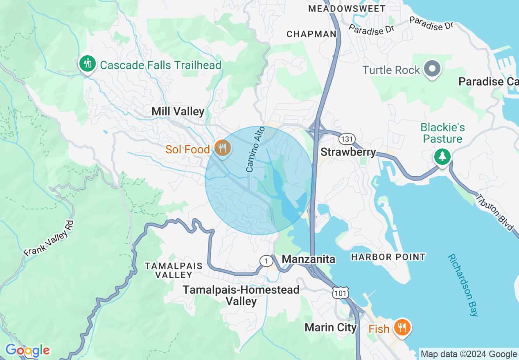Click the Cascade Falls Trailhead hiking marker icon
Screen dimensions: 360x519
87,64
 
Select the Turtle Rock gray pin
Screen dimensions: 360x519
432,69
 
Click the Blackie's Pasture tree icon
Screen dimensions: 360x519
442,156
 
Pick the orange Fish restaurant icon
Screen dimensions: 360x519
403,327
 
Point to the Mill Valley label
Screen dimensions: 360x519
178,111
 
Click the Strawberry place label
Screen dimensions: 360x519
348,152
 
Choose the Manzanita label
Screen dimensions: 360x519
309,259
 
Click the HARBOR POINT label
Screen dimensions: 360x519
388,257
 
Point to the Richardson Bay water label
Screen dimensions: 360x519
463,285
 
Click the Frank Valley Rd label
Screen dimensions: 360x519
49,239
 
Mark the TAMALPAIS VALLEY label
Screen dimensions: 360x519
174,270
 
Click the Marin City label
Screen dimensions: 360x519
331,328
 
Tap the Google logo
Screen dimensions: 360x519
27,350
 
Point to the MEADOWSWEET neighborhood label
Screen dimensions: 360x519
347,9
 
